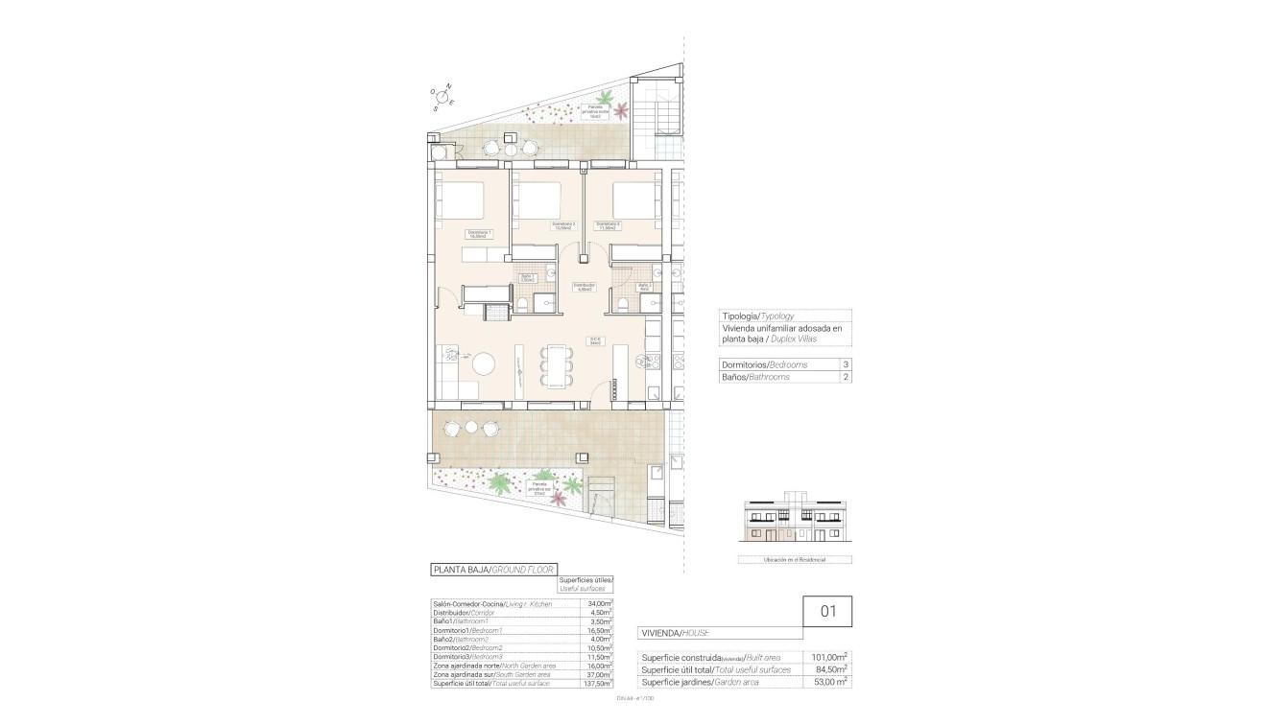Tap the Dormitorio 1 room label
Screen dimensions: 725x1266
479,233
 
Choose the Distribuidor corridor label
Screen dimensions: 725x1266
584,287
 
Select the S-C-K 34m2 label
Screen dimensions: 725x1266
596,340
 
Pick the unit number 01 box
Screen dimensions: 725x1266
826,610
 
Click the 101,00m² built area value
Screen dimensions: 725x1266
830,657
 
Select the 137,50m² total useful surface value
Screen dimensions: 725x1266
598,684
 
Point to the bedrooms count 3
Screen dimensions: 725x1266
846,364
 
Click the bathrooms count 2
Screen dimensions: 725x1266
846,377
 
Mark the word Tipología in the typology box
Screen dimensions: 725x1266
739,316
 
